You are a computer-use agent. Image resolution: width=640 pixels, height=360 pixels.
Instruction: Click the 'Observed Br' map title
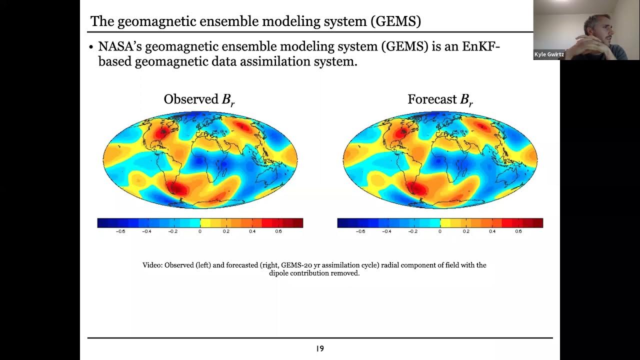[x=199, y=99]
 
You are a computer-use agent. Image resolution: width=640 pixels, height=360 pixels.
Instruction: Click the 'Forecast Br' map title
[x=440, y=99]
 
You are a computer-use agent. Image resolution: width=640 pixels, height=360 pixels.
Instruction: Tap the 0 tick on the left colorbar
[x=200, y=231]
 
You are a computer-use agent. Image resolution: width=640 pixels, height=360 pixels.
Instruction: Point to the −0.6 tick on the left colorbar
[x=120, y=231]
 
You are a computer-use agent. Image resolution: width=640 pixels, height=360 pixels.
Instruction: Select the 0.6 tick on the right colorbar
[x=518, y=231]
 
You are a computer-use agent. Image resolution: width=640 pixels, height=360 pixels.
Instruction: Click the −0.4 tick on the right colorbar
[x=386, y=231]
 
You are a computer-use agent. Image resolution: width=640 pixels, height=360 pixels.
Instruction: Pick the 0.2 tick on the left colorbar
[x=226, y=231]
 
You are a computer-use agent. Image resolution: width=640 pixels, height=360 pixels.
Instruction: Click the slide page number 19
[x=320, y=348]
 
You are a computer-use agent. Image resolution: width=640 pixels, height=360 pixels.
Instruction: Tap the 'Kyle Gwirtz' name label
[x=549, y=54]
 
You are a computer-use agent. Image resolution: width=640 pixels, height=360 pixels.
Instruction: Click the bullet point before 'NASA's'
[x=91, y=47]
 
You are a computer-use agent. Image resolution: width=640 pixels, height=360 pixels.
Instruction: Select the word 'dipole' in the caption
[x=280, y=273]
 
